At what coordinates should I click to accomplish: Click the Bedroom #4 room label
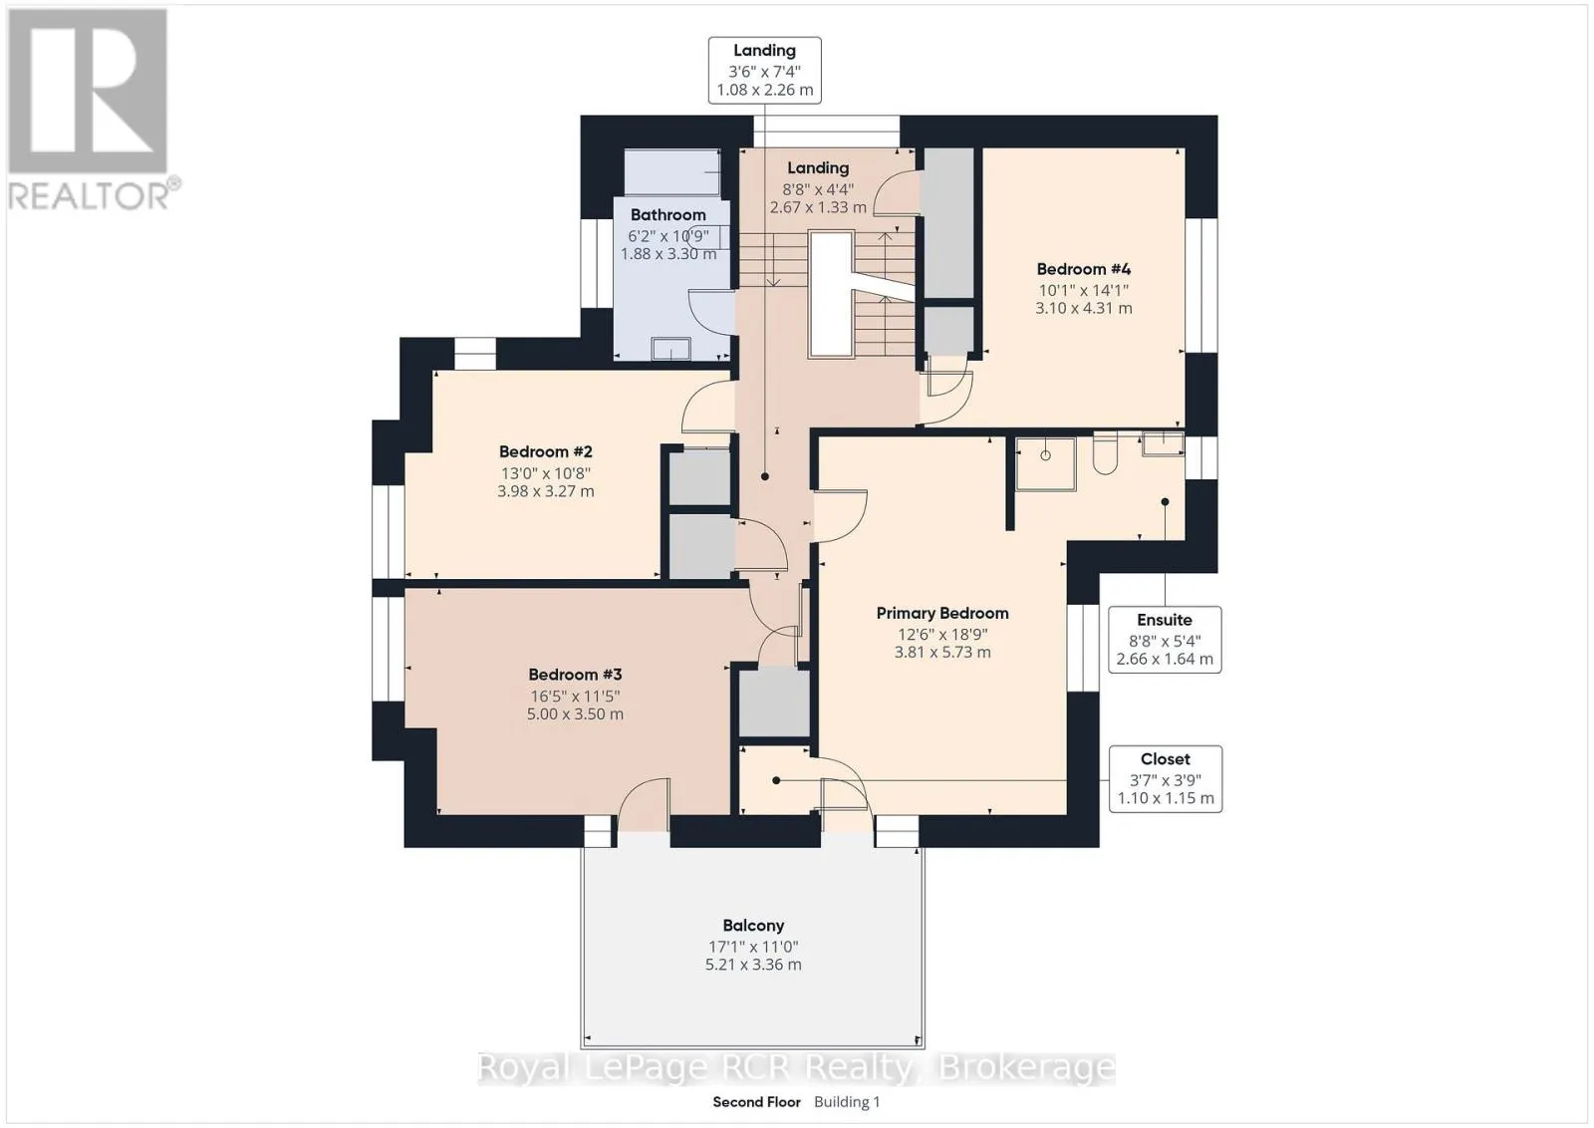[x=1083, y=269]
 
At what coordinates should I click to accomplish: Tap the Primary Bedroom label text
[x=942, y=613]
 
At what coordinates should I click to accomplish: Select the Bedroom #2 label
[x=546, y=451]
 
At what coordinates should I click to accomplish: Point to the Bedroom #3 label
[x=575, y=674]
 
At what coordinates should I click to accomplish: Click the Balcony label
[x=753, y=925]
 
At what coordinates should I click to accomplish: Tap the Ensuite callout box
[x=1165, y=639]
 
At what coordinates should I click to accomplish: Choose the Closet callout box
[x=1166, y=778]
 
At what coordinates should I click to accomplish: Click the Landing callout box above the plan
[x=765, y=71]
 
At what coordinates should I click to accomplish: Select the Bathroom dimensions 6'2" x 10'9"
[x=668, y=235]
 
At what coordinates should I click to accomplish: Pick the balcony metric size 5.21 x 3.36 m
[x=753, y=965]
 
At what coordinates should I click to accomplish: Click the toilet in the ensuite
[x=1105, y=453]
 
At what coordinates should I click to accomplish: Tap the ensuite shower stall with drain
[x=1045, y=464]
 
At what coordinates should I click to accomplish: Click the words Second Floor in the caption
[x=756, y=1102]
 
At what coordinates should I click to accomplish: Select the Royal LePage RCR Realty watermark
[x=796, y=1067]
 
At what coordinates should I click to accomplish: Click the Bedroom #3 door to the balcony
[x=644, y=804]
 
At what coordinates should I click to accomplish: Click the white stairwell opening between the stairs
[x=832, y=293]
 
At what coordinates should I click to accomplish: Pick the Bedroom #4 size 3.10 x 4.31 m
[x=1084, y=308]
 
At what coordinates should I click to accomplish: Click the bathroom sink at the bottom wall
[x=671, y=349]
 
